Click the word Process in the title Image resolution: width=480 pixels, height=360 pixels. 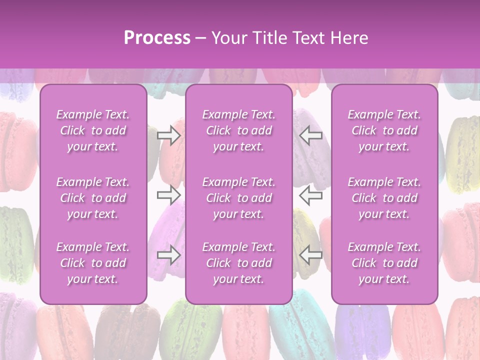pos(157,38)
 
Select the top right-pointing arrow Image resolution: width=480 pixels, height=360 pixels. pos(168,135)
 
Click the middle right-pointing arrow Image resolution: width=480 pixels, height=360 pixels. pos(168,194)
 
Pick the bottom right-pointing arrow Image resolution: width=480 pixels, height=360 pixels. pos(168,255)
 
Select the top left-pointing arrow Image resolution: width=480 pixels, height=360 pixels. pos(310,135)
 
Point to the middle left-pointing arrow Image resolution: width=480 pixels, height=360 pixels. pos(310,194)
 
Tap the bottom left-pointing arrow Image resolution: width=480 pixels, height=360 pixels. pos(310,255)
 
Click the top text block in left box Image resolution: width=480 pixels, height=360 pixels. pos(93,130)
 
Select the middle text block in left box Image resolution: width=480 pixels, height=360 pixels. pos(93,198)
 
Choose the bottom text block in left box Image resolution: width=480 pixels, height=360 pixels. pos(93,263)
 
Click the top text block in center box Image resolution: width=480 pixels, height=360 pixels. pos(238,130)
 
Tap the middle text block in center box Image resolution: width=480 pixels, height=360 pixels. pos(238,198)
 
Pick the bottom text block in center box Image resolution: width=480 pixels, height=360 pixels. pos(238,263)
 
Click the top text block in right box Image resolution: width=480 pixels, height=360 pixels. pos(384,130)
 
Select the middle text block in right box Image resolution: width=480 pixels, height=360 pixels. pos(384,198)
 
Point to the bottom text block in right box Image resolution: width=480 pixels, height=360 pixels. pos(384,263)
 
